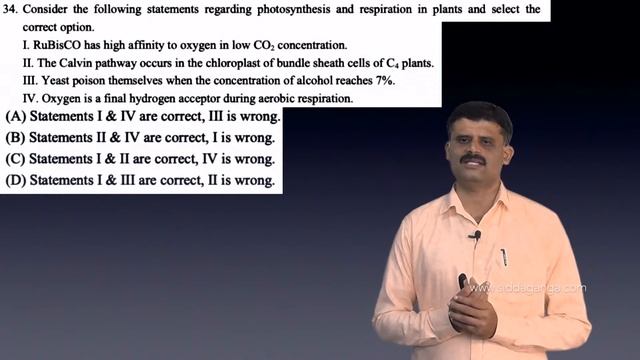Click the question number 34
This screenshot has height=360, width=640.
12,9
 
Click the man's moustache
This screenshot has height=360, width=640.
472,158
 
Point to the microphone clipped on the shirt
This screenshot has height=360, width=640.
476,236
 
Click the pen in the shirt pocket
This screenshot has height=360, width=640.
504,256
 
